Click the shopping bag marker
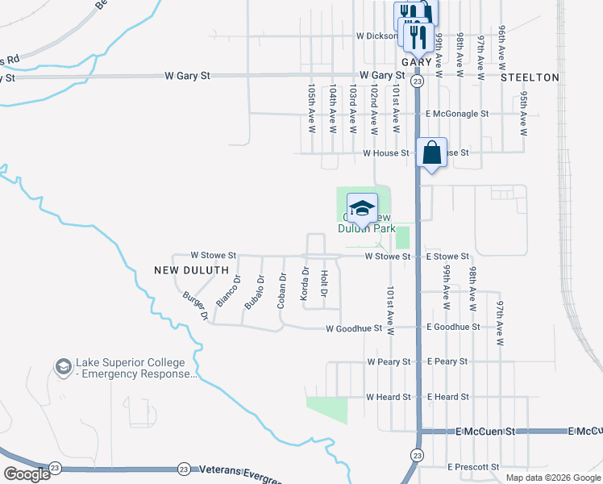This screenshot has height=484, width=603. tap(432, 153)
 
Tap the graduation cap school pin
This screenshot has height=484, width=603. tap(362, 208)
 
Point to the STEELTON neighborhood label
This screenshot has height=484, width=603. tap(530, 77)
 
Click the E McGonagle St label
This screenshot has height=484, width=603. tap(457, 115)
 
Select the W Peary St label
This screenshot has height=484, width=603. tap(389, 362)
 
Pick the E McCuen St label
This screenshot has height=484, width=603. tap(485, 432)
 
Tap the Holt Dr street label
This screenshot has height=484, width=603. tap(324, 283)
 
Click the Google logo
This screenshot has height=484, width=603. tap(27, 474)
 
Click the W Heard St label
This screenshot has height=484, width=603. tap(389, 398)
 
